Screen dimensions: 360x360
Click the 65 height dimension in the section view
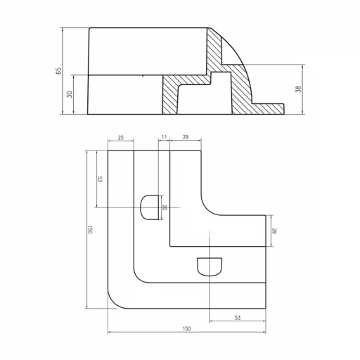[x=59, y=71]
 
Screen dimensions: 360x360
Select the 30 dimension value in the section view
[x=69, y=94]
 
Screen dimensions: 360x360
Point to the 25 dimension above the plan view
[x=120, y=138]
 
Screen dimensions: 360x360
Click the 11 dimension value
[x=164, y=138]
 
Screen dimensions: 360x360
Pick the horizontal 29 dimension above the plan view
[x=185, y=138]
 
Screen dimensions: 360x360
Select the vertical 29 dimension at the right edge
[x=274, y=231]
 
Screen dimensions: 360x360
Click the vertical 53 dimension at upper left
[x=100, y=179]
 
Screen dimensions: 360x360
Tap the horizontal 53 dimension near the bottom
[x=237, y=318]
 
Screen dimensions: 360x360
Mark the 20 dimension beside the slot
[x=163, y=207]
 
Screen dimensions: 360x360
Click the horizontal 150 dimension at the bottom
[x=186, y=328]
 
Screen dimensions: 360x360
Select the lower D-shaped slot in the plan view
[x=209, y=266]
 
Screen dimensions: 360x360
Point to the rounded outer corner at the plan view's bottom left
[x=114, y=301]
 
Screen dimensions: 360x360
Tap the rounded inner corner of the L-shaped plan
[x=212, y=207]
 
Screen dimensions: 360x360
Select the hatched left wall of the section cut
[x=169, y=95]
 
